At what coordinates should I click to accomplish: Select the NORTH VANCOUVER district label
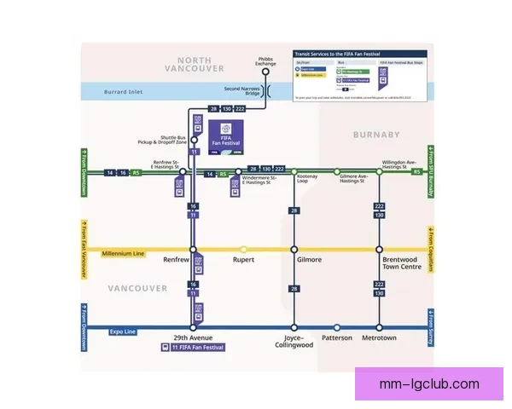click(x=195, y=64)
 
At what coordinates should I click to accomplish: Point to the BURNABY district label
click(x=376, y=135)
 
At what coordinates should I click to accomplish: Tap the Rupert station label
click(x=243, y=260)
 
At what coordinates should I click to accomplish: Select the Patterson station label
click(x=336, y=337)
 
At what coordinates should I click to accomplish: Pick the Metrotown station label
click(x=380, y=337)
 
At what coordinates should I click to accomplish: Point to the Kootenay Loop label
click(x=307, y=179)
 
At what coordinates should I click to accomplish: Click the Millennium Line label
click(x=123, y=253)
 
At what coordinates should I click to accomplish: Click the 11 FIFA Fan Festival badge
click(x=193, y=348)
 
